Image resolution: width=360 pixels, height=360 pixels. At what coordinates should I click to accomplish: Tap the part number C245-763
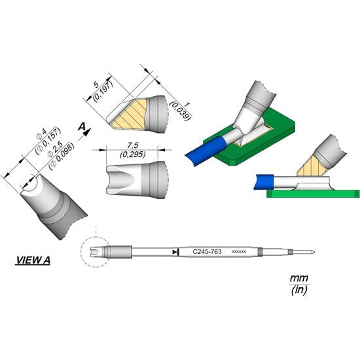pyautogui.click(x=206, y=251)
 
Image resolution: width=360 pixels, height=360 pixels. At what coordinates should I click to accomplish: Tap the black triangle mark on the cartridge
pyautogui.click(x=174, y=251)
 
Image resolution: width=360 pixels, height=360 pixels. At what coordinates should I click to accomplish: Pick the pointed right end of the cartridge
pyautogui.click(x=317, y=252)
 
